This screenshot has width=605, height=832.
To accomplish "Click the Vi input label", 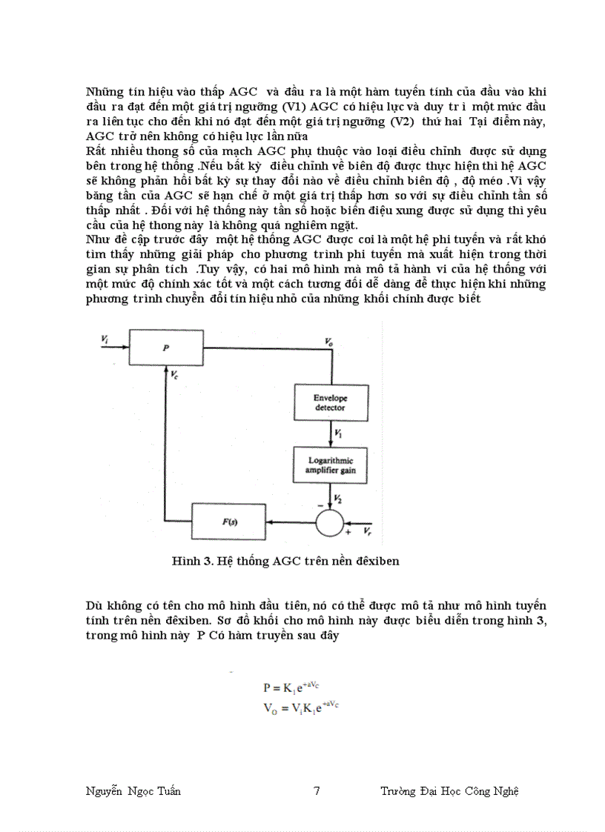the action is (105, 339).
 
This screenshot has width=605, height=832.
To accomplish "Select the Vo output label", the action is (328, 342).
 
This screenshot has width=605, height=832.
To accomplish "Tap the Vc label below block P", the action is (174, 375).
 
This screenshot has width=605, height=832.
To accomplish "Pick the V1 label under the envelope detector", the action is (338, 432).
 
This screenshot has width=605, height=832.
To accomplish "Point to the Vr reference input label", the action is (367, 532).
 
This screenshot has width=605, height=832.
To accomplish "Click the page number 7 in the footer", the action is (317, 791).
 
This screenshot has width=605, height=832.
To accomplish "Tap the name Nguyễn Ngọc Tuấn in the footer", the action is (133, 791).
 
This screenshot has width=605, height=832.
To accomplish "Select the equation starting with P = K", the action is (300, 688).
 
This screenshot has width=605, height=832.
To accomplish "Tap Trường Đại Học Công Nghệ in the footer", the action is (449, 791).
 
